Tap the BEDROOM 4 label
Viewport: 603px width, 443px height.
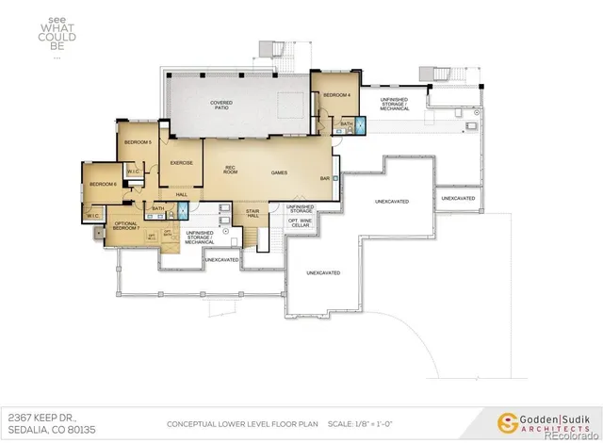tap(336, 95)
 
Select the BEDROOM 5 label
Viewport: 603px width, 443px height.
tap(138, 142)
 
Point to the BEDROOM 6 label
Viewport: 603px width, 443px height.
tap(102, 184)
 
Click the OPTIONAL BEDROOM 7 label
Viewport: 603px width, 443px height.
tap(126, 226)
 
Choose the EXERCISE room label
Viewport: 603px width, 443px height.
tap(181, 163)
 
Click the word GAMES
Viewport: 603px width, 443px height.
tap(279, 173)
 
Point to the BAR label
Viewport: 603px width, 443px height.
tap(324, 178)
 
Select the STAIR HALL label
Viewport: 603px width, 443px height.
tap(253, 214)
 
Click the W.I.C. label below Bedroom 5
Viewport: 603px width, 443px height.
tap(132, 172)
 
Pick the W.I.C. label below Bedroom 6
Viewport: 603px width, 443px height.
tap(92, 215)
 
